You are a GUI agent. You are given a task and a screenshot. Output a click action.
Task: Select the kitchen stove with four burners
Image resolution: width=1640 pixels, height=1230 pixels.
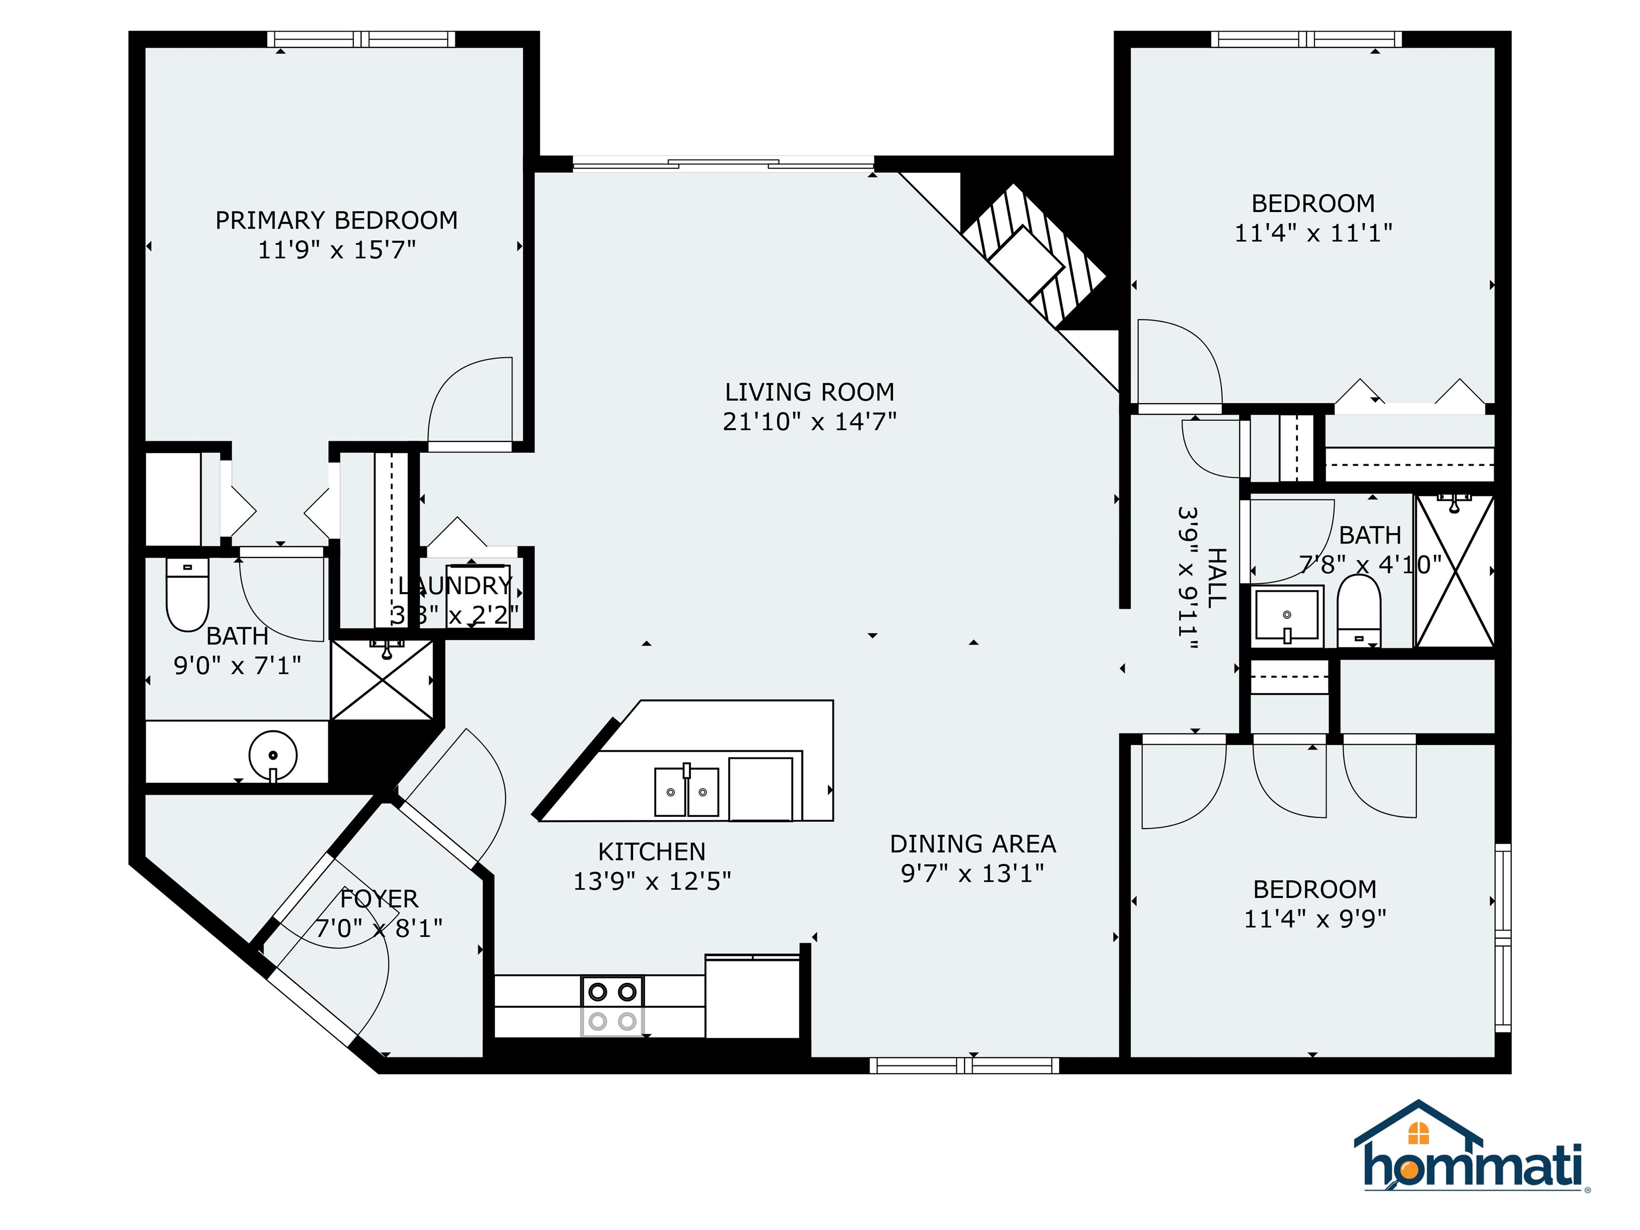coord(612,1006)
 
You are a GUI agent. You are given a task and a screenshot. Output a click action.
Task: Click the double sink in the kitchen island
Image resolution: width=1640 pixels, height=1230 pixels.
coord(686,792)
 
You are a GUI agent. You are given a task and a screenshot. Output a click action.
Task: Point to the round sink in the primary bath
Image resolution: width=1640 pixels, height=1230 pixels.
coord(273,755)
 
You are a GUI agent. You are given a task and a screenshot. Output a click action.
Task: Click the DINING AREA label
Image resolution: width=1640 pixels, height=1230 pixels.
coord(972,843)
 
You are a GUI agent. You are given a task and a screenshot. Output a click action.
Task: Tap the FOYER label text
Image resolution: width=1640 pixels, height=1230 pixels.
coord(379,898)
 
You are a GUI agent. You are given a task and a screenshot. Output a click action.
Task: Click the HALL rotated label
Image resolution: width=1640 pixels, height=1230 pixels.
coord(1217,578)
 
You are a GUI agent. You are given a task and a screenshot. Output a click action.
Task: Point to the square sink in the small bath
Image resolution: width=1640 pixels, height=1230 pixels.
coord(1287,616)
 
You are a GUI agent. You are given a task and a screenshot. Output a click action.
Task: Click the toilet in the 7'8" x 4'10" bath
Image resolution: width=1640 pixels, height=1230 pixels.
coord(1358,611)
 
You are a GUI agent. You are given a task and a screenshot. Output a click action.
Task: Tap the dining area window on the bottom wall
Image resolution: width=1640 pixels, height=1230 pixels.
coord(964,1066)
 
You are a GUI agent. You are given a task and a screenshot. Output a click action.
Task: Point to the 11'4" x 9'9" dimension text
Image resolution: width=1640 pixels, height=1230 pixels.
coord(1314,919)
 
